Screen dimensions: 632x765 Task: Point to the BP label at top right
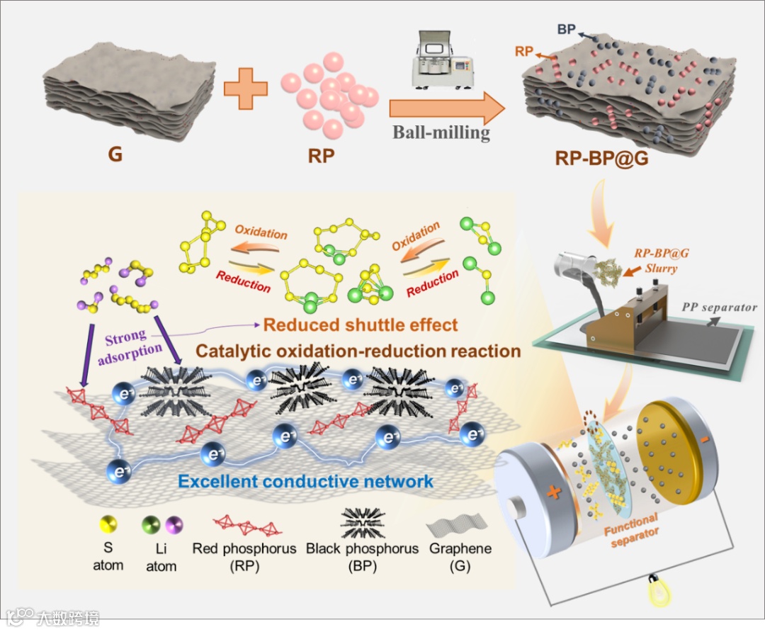click(566, 29)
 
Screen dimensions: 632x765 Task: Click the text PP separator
click(719, 307)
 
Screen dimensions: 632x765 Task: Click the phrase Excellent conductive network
click(305, 482)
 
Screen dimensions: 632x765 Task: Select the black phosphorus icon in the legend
click(362, 525)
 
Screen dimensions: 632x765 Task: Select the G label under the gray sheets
click(114, 154)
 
